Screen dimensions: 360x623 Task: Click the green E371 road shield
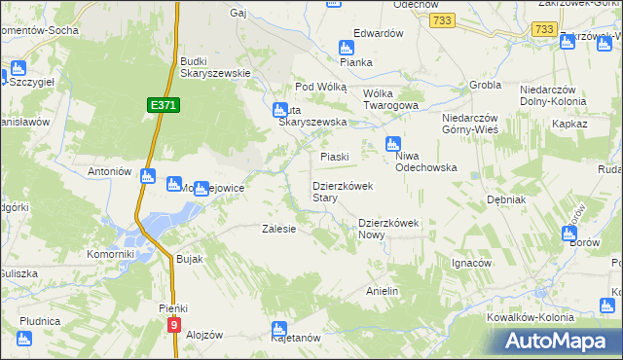coord(164,103)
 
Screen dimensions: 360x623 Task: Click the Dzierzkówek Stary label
coord(338,192)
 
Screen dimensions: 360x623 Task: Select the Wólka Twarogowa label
coord(390,99)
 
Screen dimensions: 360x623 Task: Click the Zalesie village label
coord(278,230)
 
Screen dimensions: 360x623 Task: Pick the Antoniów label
coord(109,171)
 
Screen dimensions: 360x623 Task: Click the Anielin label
coord(383,291)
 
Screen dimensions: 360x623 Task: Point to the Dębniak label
coord(506,199)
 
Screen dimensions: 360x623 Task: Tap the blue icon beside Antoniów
coord(147,176)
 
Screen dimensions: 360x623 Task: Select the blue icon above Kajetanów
coord(279,329)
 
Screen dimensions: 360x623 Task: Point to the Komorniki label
coord(108,254)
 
